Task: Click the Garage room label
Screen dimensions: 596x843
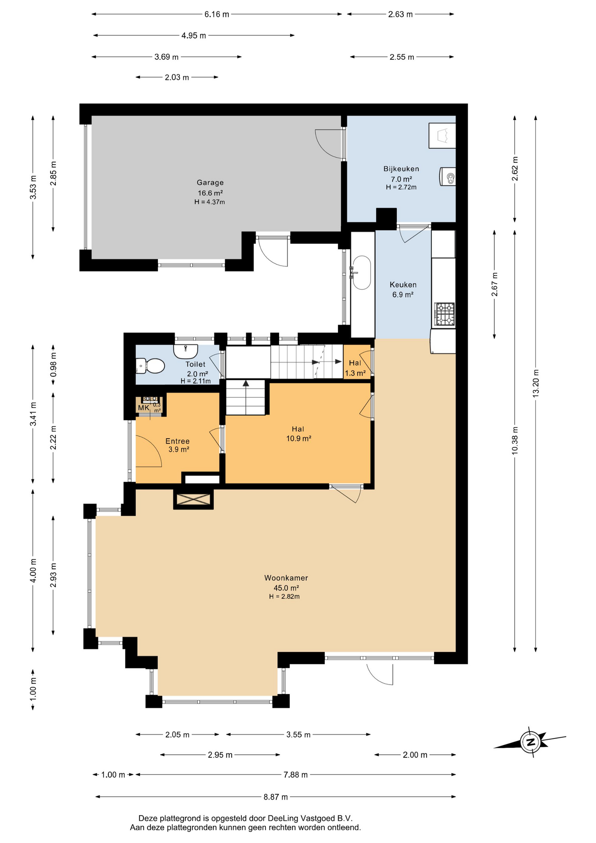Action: (210, 183)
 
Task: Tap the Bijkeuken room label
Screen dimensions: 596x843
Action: (401, 169)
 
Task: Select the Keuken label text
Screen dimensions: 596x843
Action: (403, 285)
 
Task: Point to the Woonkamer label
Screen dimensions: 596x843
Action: (286, 578)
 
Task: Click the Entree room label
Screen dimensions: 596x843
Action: (177, 441)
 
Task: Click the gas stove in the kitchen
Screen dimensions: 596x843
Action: (444, 314)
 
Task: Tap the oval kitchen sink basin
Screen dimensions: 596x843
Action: (362, 273)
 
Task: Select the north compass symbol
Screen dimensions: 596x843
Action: (530, 742)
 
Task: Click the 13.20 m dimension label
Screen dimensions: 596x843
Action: (535, 384)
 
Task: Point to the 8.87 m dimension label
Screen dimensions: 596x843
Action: (276, 796)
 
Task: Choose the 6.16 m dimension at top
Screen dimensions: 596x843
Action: (217, 14)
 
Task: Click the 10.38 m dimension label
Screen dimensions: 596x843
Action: (515, 440)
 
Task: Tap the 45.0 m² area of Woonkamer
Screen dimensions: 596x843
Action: (286, 588)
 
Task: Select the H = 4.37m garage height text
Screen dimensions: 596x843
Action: (210, 202)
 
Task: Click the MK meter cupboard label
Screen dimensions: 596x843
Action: (144, 408)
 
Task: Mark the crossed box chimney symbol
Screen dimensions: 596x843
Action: (193, 499)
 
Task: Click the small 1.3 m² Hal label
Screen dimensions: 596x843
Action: (355, 373)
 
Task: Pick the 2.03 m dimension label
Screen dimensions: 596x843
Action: (177, 77)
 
